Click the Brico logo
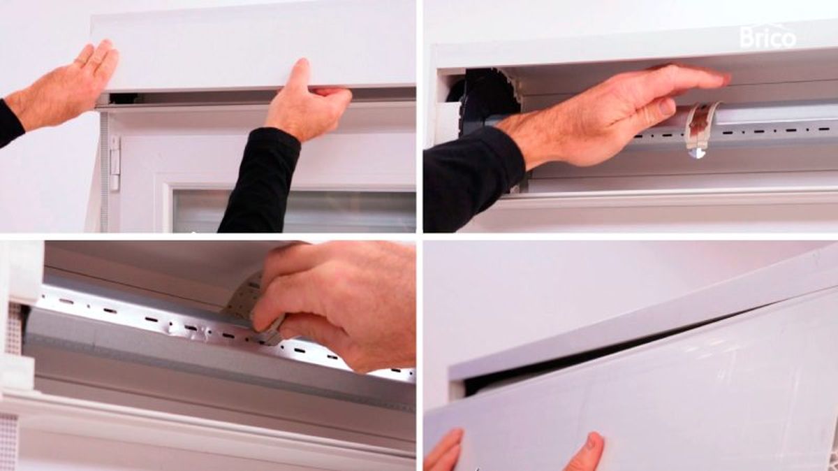tap(768, 37)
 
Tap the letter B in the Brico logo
tap(747, 38)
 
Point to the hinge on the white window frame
tap(115, 163)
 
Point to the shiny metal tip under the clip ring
tap(697, 153)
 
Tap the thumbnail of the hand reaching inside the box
tap(666, 108)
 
